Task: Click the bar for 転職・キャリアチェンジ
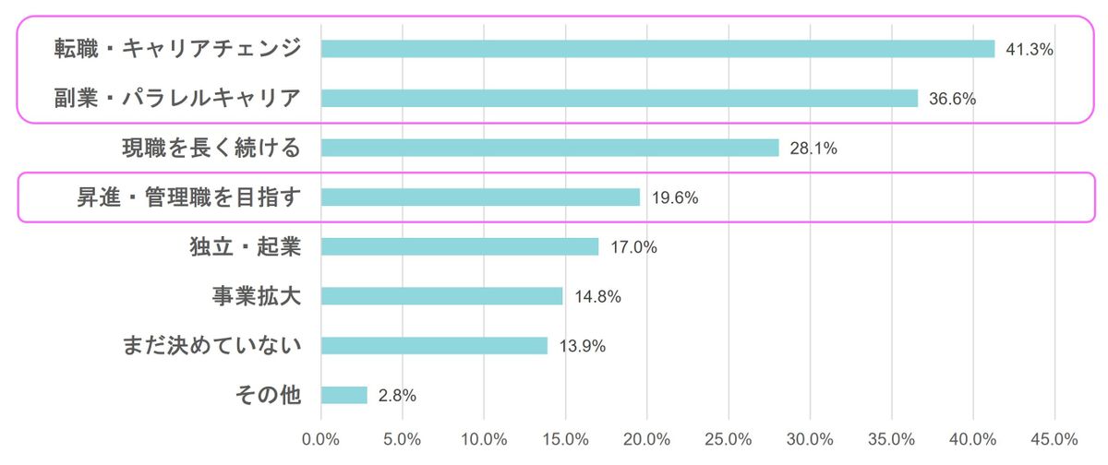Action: (x=657, y=49)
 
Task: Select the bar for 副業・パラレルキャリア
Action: (x=620, y=98)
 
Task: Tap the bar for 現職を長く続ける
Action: (x=549, y=148)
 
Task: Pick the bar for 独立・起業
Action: (x=460, y=246)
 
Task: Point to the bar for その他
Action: (x=344, y=395)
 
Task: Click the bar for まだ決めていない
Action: (x=434, y=346)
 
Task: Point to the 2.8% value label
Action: (x=397, y=396)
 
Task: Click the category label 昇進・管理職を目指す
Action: (x=188, y=197)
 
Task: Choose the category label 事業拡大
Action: (x=256, y=296)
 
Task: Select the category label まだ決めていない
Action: (x=211, y=346)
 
